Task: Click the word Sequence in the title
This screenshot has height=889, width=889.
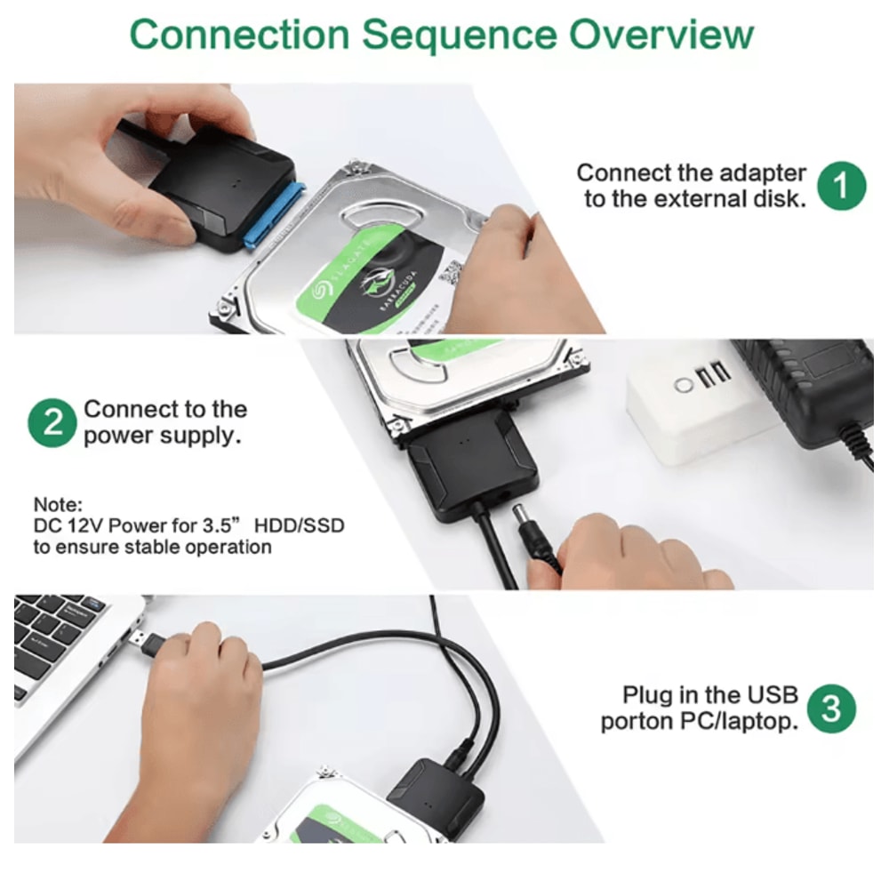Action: [x=460, y=36]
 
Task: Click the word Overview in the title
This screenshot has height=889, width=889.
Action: [x=661, y=35]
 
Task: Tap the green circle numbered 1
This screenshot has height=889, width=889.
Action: [x=841, y=186]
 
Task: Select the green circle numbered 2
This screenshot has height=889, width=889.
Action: [x=52, y=423]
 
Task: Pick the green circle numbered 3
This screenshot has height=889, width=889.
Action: [x=831, y=709]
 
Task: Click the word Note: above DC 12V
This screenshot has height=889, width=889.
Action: [x=58, y=505]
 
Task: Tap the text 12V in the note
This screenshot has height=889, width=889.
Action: [x=85, y=525]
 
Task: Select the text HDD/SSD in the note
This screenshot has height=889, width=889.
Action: [x=299, y=525]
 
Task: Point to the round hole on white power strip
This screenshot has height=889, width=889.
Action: [x=683, y=386]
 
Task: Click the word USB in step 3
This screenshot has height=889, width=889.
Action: [x=773, y=694]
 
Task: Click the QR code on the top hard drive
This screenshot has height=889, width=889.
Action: [x=452, y=272]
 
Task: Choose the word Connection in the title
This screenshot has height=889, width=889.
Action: [x=240, y=36]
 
